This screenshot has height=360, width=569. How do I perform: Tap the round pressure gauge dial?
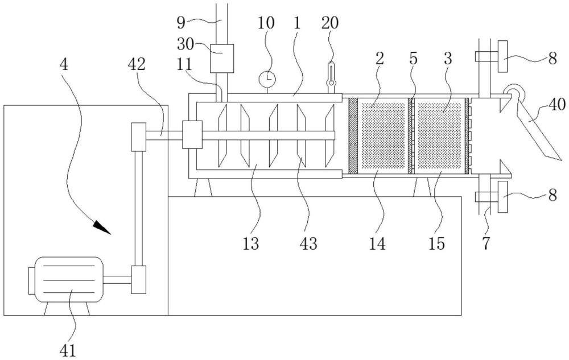coord(267,78)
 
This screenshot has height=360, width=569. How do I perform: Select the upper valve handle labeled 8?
coord(503,56)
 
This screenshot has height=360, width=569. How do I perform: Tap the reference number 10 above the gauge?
coord(266,23)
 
